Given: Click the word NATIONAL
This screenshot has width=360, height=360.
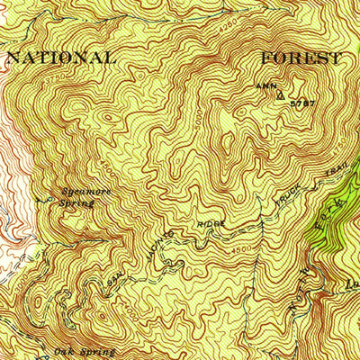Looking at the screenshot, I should click(61, 58).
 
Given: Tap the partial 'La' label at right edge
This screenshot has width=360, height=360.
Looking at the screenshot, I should click(351, 286).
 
